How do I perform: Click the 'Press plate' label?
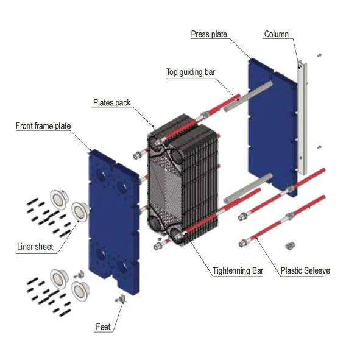click(209, 34)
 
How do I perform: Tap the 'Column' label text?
click(276, 34)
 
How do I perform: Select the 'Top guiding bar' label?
click(191, 72)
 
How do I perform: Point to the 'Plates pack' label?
click(111, 103)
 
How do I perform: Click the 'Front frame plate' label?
click(43, 126)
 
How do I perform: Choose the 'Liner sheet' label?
click(35, 247)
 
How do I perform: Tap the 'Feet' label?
click(103, 327)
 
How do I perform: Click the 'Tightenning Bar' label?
click(238, 270)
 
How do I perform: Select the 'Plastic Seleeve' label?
click(305, 270)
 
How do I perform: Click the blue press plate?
click(271, 122)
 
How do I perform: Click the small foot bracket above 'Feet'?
click(120, 299)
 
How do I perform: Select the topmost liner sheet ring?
click(60, 197)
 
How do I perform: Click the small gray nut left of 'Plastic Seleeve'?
click(289, 245)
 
